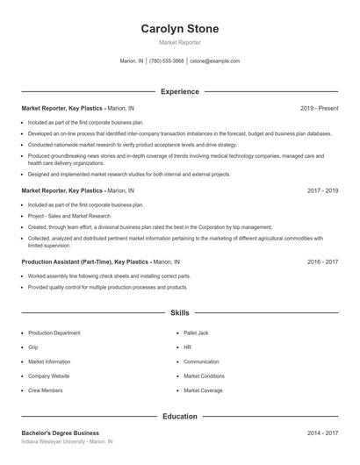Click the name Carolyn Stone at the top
tap(179, 29)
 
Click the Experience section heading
tap(179, 91)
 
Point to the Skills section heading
tap(179, 311)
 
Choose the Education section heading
tap(179, 416)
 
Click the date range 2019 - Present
tap(319, 108)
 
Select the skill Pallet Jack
tap(198, 333)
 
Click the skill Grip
tap(34, 347)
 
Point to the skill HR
tap(187, 347)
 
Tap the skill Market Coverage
tap(203, 390)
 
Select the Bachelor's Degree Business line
tap(60, 433)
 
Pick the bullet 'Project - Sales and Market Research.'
tap(70, 216)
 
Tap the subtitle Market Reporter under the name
tap(179, 42)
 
